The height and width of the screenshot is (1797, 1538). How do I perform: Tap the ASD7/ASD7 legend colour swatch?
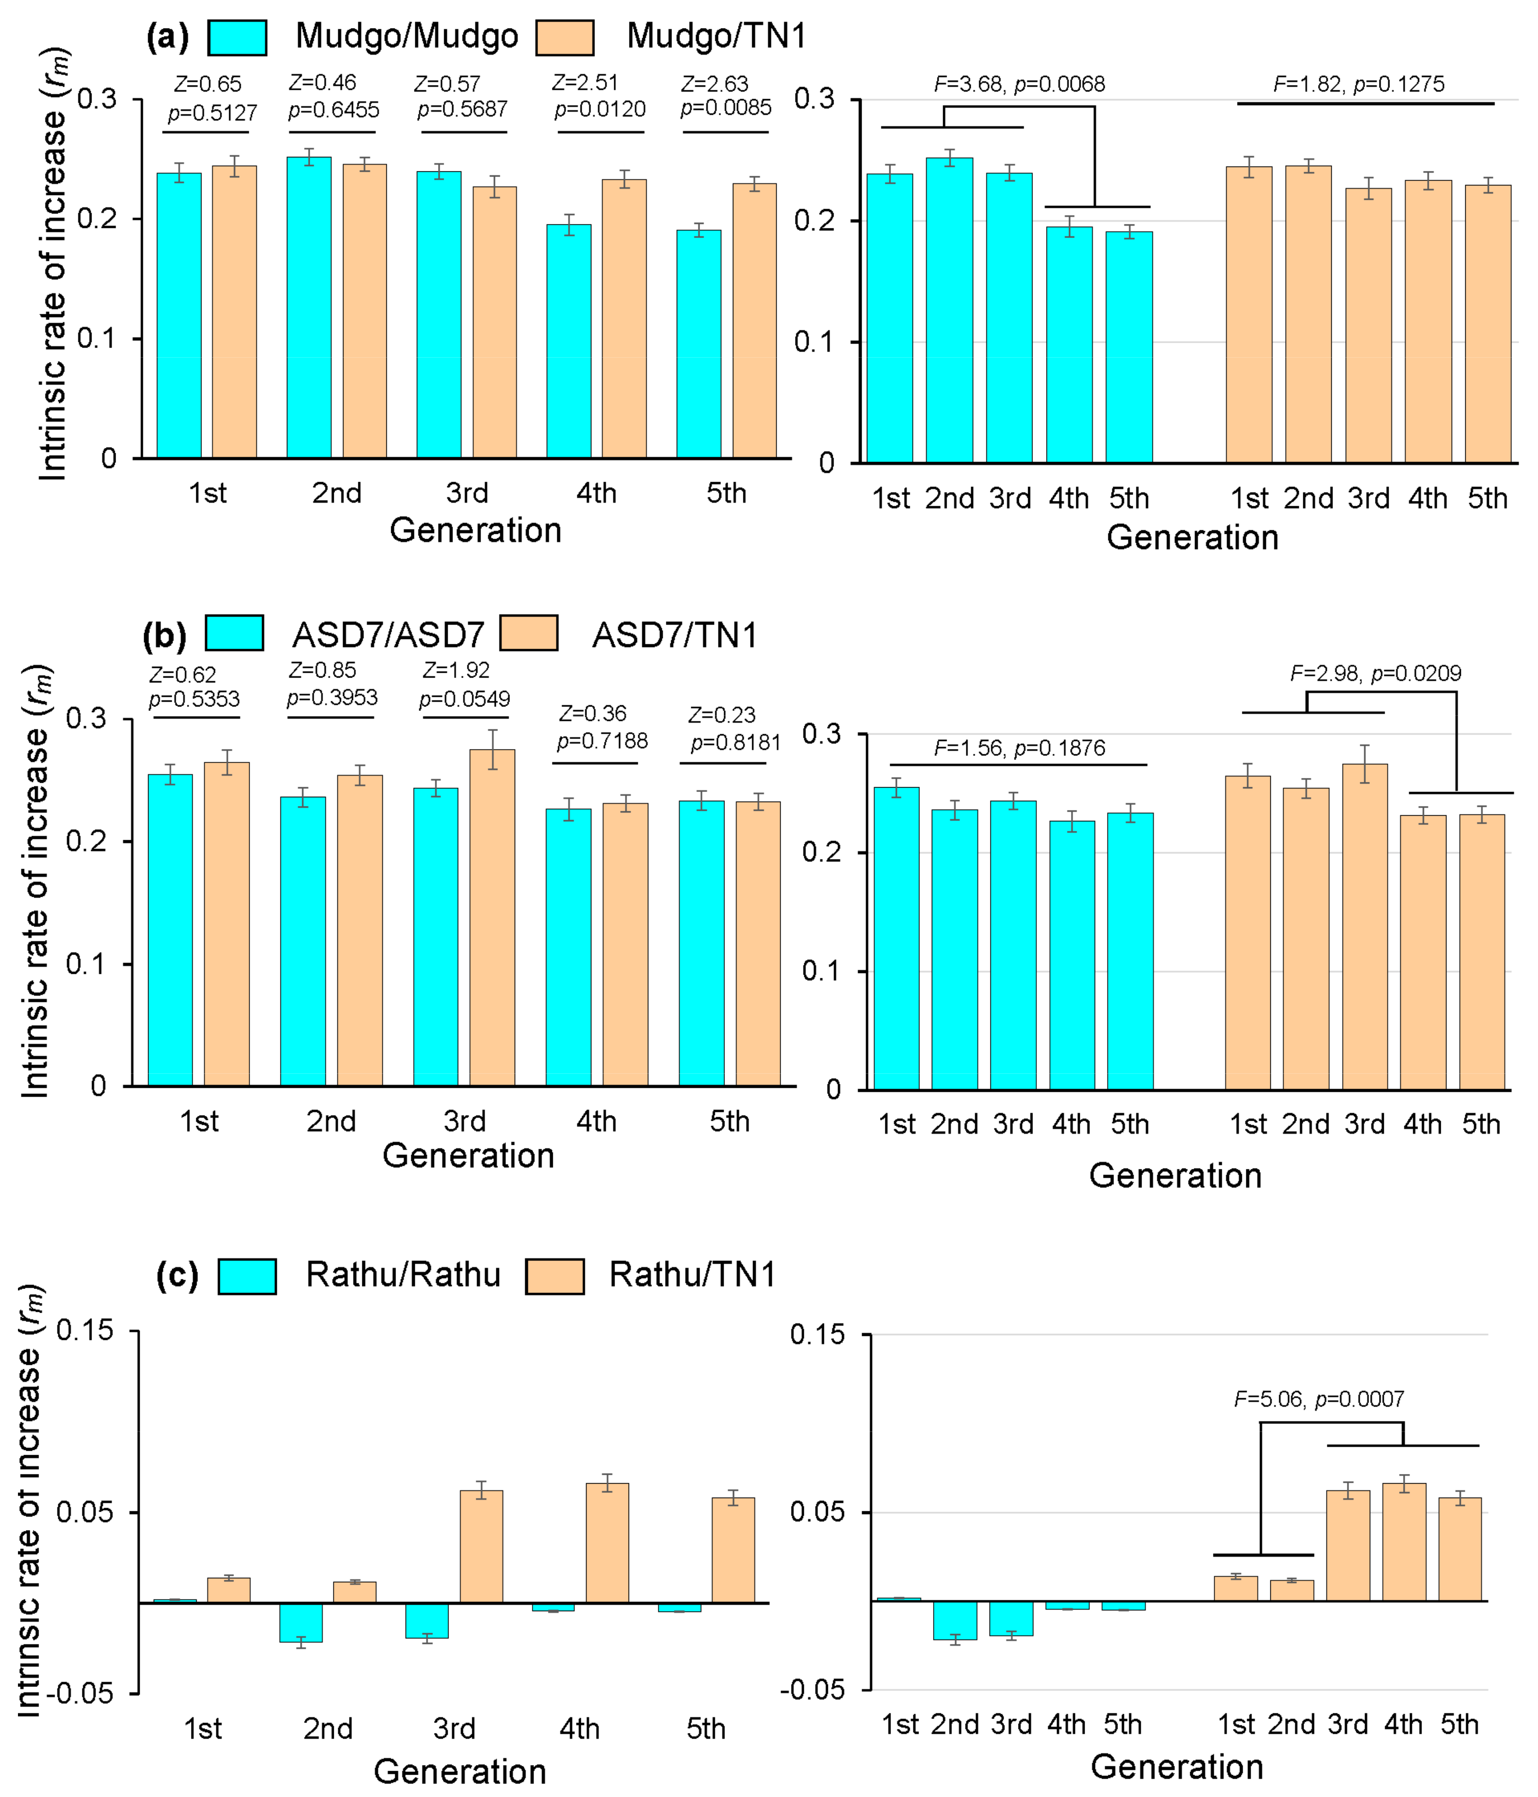click(x=234, y=633)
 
